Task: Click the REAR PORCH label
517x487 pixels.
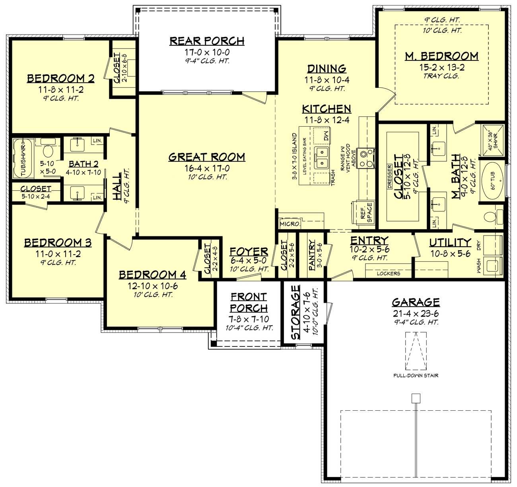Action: click(x=207, y=41)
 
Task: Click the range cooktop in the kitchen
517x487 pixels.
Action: click(x=366, y=158)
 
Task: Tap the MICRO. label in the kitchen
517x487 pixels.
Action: click(x=289, y=224)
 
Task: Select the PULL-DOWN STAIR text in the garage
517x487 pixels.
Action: click(x=416, y=375)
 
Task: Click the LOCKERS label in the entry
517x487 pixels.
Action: click(x=388, y=274)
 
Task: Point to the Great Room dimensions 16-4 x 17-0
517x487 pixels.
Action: click(x=207, y=168)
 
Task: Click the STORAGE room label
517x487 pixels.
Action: click(x=295, y=312)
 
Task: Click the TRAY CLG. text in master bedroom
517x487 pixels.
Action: click(x=441, y=76)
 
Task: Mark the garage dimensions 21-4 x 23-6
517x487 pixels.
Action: click(x=416, y=314)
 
